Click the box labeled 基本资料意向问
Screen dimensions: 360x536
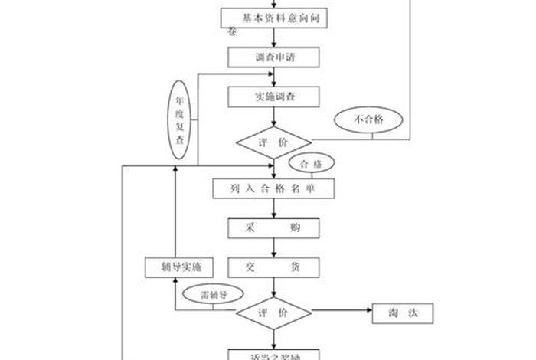[x=273, y=18]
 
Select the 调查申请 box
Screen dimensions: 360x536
[x=273, y=57]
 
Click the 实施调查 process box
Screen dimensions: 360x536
[x=273, y=97]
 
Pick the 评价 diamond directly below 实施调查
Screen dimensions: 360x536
[x=273, y=142]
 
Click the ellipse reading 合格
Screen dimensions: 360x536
[x=311, y=164]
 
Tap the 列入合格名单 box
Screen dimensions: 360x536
[x=273, y=188]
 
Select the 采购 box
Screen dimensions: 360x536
[x=273, y=228]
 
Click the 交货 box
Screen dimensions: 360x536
[x=273, y=267]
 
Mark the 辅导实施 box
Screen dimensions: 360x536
[x=175, y=267]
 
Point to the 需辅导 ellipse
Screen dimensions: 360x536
[x=210, y=293]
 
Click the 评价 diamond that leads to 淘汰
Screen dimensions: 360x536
[x=273, y=313]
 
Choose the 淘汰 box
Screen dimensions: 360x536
[x=402, y=313]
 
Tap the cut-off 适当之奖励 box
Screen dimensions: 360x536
[x=273, y=354]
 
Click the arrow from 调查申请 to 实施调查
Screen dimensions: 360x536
[x=273, y=77]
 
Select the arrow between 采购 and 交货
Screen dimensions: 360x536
[x=273, y=248]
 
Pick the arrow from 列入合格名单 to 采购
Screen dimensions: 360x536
[x=273, y=208]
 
